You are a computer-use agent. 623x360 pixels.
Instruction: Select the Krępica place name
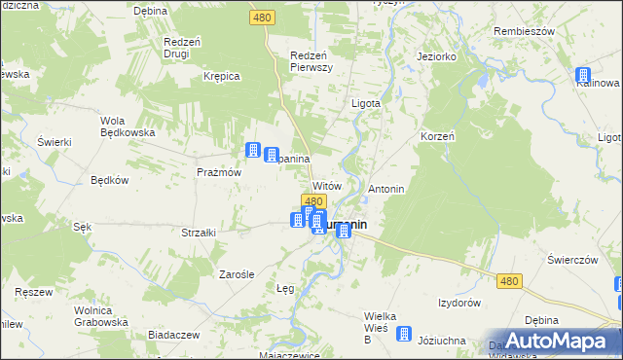221,75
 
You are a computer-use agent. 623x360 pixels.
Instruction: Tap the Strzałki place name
199,233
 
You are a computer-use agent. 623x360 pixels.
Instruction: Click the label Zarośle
237,274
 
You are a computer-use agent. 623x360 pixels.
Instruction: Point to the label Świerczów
571,260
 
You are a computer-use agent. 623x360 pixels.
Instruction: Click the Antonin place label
386,188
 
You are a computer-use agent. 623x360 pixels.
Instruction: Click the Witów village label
326,185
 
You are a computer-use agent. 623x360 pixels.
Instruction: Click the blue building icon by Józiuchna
408,332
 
